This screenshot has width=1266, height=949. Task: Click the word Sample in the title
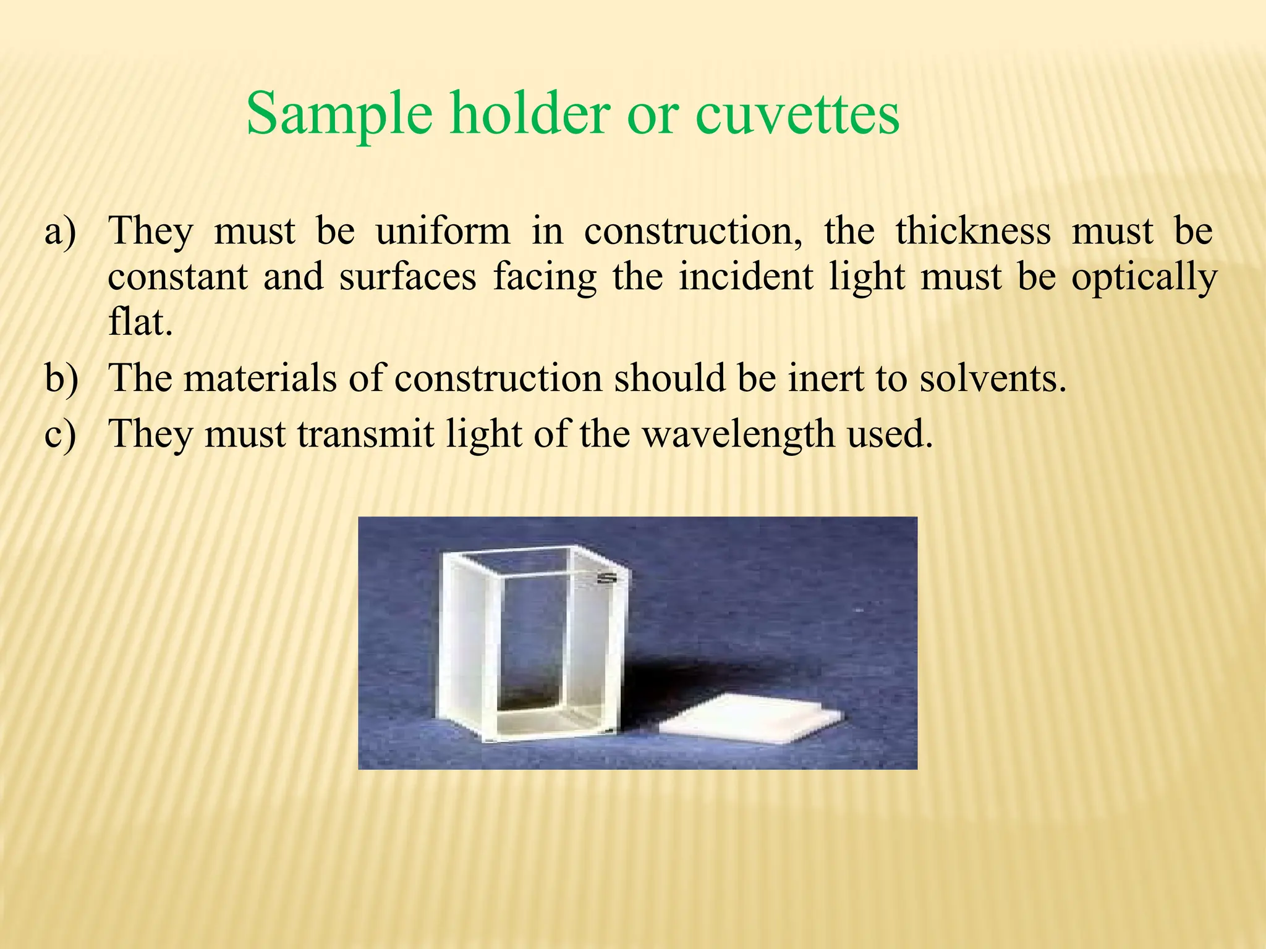[339, 114]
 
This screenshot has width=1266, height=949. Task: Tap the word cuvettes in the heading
[797, 114]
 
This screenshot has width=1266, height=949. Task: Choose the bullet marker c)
[61, 434]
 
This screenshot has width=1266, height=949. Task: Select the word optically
[1144, 277]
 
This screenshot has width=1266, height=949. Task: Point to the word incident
[746, 277]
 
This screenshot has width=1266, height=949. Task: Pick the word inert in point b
[825, 378]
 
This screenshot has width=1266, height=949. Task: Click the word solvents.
[993, 378]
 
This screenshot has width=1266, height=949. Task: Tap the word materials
[260, 378]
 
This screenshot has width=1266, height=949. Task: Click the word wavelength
[739, 434]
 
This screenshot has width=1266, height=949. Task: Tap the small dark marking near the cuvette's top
[607, 579]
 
